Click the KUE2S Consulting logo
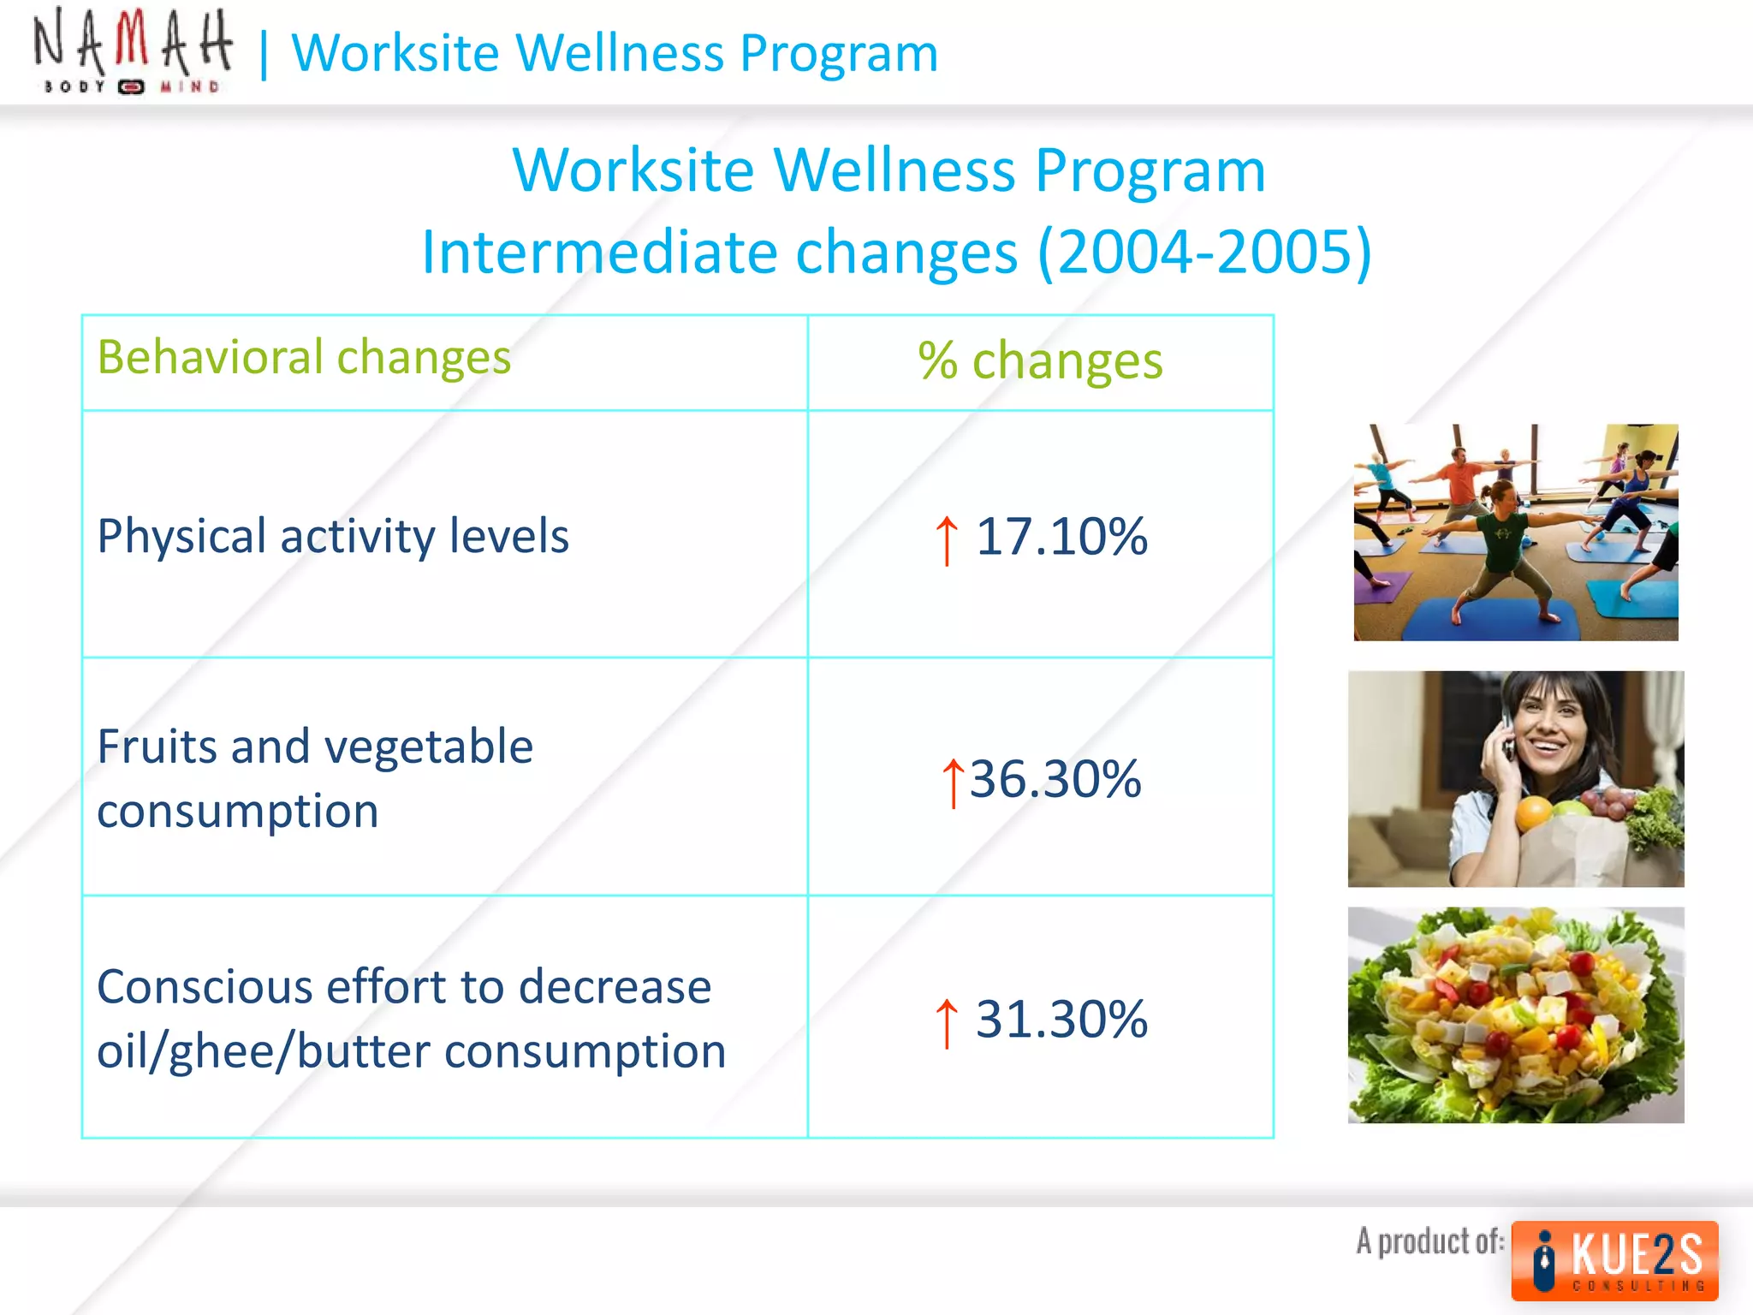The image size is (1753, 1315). point(1614,1260)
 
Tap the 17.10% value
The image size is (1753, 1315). point(1061,537)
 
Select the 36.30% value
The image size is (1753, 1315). point(1055,779)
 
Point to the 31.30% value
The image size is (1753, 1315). point(1061,1019)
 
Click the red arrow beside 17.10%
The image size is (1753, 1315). point(946,540)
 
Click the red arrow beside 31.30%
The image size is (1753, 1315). point(946,1022)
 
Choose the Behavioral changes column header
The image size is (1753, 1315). point(304,357)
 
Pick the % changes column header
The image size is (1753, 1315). point(1040,360)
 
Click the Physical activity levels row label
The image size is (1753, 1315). point(332,537)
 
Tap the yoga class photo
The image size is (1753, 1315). point(1515,532)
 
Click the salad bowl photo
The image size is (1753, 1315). point(1515,1015)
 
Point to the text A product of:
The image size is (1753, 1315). point(1429,1241)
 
